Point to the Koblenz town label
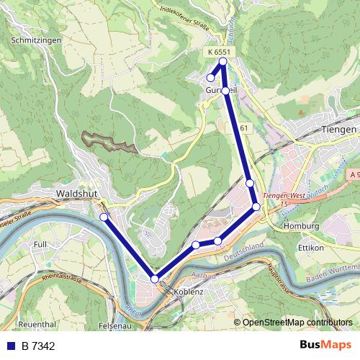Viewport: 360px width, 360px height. point(189,292)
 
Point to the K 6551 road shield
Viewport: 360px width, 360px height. point(217,52)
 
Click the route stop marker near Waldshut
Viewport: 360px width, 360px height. point(104,217)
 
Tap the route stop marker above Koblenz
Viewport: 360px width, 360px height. point(155,279)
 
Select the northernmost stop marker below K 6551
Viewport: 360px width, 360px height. point(223,61)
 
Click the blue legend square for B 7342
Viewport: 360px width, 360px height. point(12,346)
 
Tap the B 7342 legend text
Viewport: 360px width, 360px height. point(38,346)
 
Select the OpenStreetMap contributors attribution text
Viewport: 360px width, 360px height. point(297,323)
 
